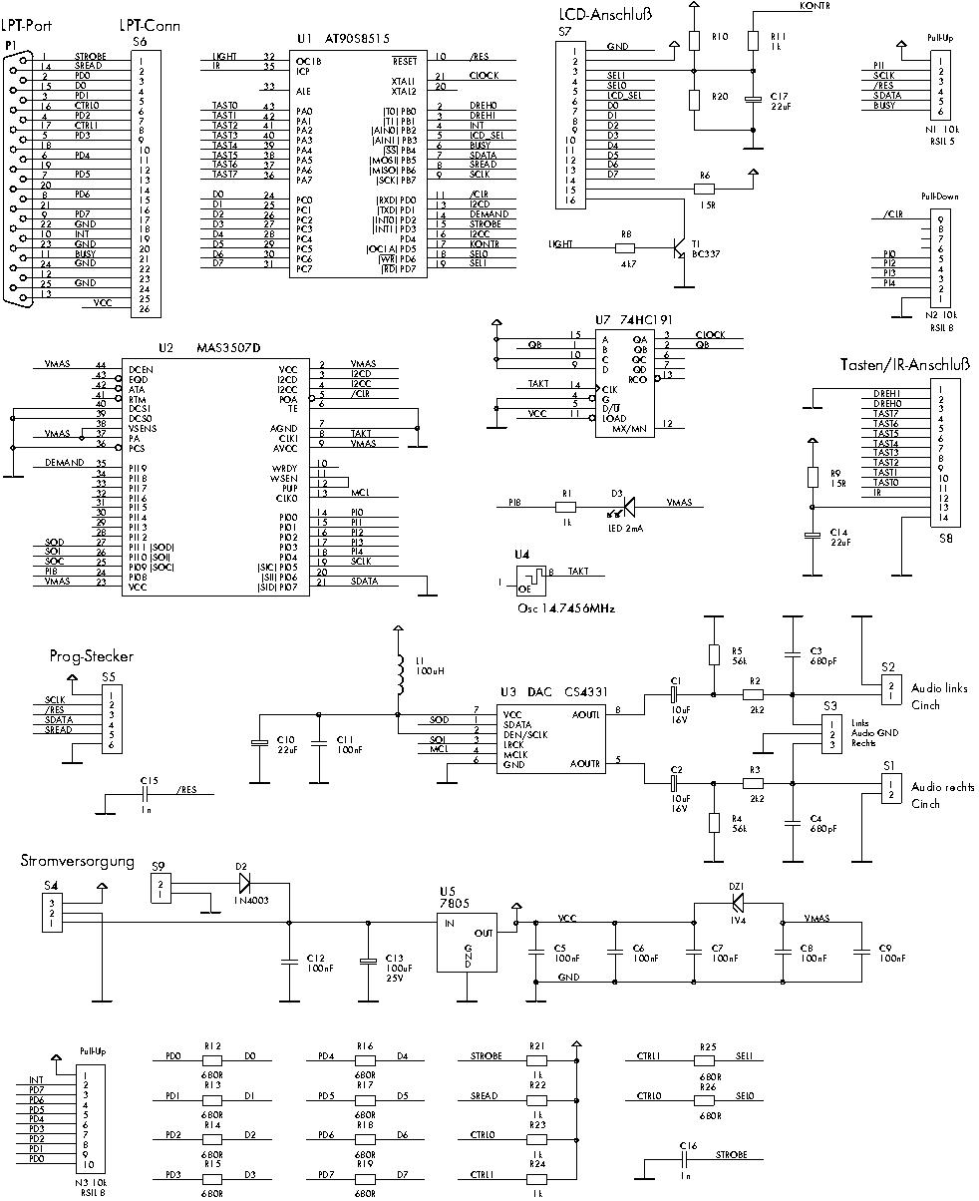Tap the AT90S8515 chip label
pos(357,38)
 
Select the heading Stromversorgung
pos(78,860)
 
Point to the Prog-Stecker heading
pos(91,656)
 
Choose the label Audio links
pos(939,688)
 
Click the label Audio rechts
pos(942,787)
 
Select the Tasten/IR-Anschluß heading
pos(905,363)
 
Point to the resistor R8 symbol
pos(626,243)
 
